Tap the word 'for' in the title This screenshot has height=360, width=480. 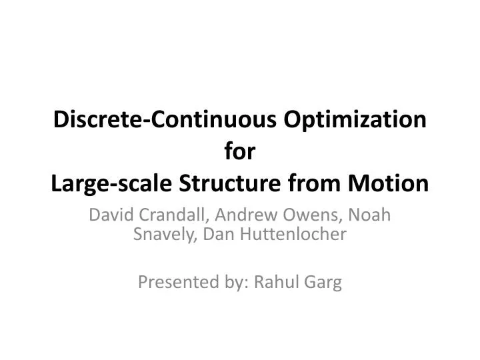coord(240,151)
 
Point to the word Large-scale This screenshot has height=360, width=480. coord(107,182)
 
